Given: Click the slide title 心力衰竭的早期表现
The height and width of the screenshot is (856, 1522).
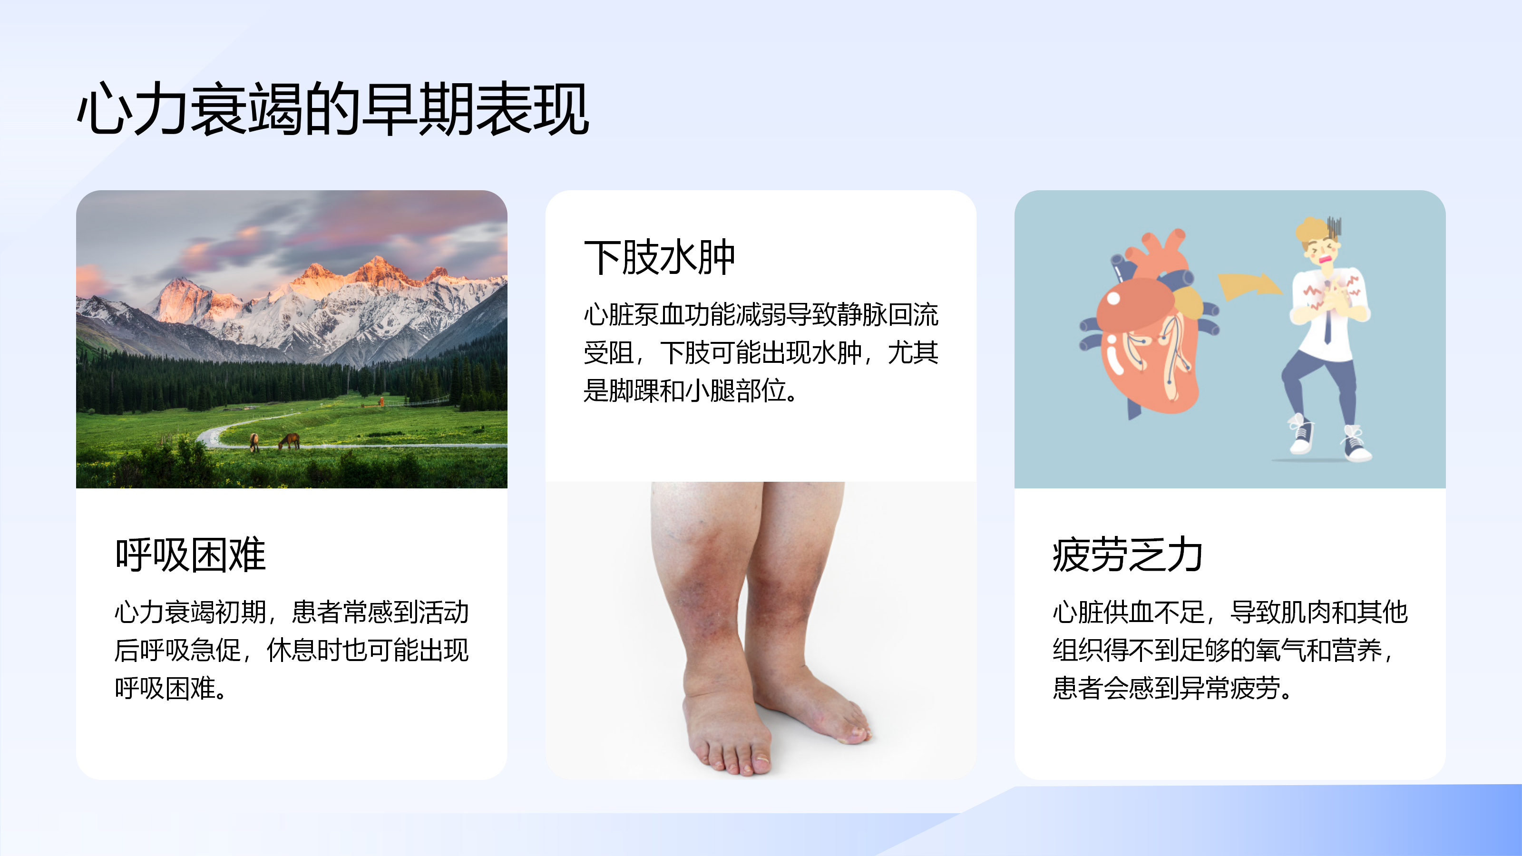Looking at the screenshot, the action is coord(333,109).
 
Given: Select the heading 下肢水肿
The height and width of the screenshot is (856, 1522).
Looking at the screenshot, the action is coord(659,258).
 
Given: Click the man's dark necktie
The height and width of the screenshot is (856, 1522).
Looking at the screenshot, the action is coord(1327,325).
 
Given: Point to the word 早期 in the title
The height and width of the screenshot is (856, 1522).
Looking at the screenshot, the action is coord(419,109).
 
